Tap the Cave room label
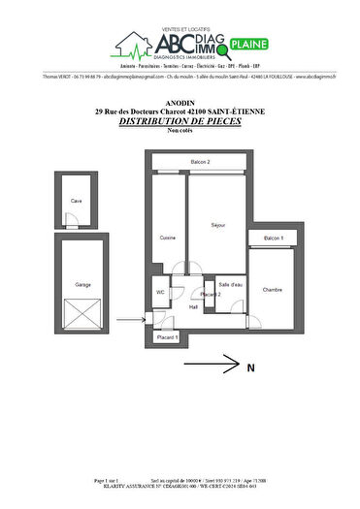tap(75, 201)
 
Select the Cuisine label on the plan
tap(167, 238)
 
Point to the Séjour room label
tap(217, 225)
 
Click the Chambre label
tap(272, 289)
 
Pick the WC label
tap(160, 291)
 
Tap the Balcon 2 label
tap(201, 161)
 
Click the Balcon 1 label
tap(274, 238)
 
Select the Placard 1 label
tap(168, 337)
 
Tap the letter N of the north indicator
tap(250, 367)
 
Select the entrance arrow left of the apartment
tap(128, 320)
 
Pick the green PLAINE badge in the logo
tap(251, 44)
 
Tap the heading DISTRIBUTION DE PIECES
tap(180, 123)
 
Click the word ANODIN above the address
tap(180, 103)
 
